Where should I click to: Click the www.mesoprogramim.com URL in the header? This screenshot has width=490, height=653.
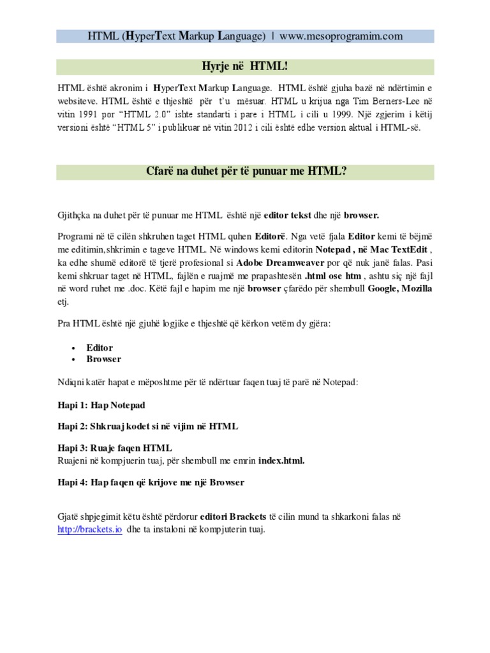[x=341, y=36]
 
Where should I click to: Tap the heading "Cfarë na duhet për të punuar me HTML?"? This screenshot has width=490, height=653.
[x=245, y=172]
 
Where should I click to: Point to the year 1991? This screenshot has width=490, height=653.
[x=80, y=115]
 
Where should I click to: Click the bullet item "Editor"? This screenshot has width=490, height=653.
[x=100, y=348]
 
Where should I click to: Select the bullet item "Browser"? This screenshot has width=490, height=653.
[x=104, y=359]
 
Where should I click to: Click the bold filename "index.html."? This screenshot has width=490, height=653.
[x=278, y=460]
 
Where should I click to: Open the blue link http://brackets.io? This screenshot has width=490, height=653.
[x=89, y=530]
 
